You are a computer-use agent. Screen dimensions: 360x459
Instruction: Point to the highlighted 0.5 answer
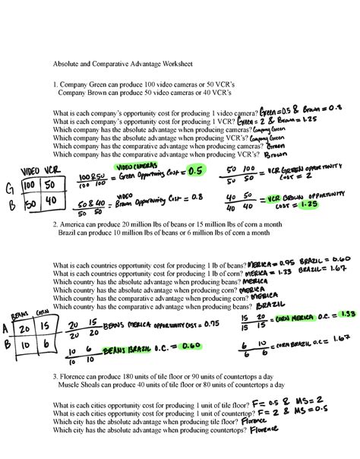point(196,170)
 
